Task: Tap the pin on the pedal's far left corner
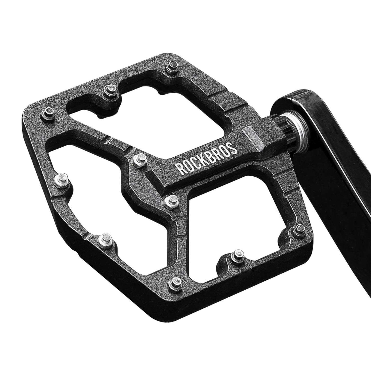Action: pyautogui.click(x=48, y=113)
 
